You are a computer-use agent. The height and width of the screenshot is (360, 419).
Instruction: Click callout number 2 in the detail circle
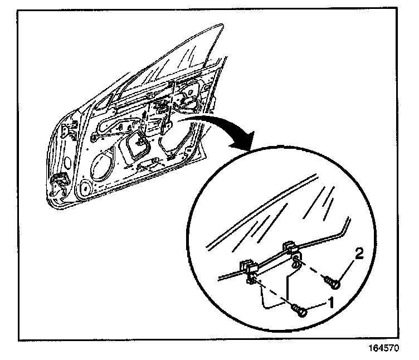(x=359, y=255)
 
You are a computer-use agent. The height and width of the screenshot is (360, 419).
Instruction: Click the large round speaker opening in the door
(x=103, y=167)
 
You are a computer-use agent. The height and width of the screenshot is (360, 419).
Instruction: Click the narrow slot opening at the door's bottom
(x=146, y=166)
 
